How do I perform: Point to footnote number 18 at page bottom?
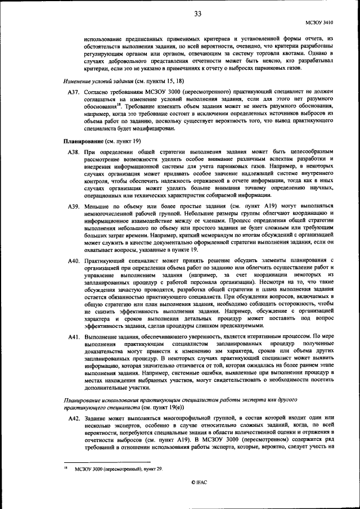66,467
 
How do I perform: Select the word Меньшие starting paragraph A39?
97,208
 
